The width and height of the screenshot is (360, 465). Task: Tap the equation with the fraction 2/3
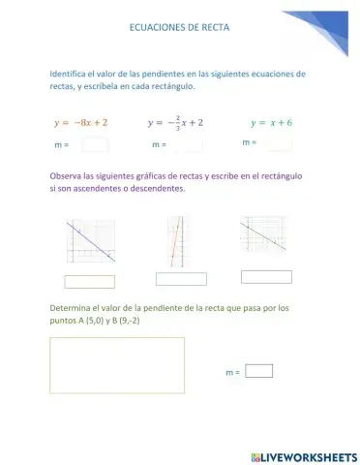[x=175, y=123]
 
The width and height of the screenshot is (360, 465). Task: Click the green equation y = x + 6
[x=271, y=123]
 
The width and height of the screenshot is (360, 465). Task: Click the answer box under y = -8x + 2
[x=95, y=145]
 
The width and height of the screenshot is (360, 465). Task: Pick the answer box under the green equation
[x=278, y=143]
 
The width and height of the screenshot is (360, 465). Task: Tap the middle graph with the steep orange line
[x=176, y=240]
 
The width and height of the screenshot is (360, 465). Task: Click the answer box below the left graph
[x=89, y=282]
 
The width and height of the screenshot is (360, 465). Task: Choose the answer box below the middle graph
[x=181, y=279]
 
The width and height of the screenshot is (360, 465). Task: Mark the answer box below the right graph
[x=265, y=276]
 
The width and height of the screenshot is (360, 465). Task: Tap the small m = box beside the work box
[x=259, y=370]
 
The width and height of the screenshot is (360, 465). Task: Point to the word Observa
[x=65, y=176]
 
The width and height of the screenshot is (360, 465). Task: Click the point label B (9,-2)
[x=125, y=320]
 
